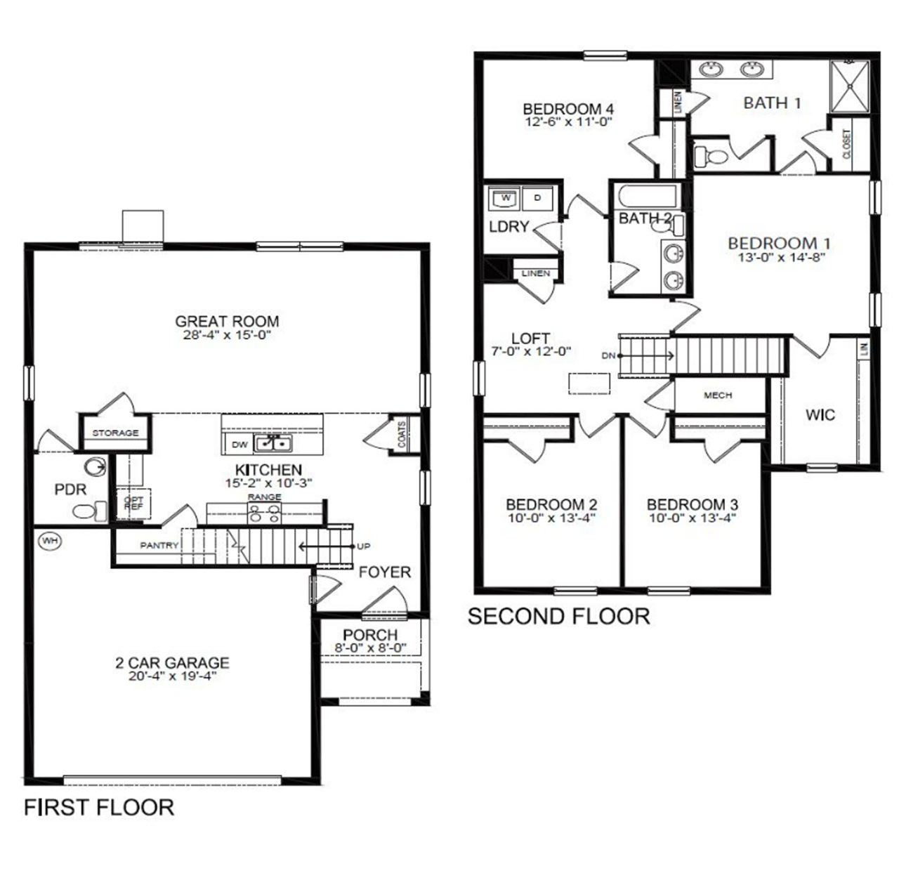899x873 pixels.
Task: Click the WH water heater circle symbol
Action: point(48,540)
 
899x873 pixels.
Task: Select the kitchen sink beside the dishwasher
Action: point(273,443)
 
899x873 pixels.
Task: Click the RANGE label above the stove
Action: point(264,497)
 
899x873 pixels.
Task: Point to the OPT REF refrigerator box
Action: point(133,504)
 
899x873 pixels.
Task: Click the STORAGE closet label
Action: point(115,433)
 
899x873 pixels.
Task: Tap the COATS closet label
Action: point(402,435)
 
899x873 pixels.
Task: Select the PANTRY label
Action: point(159,545)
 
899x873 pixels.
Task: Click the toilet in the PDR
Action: point(88,511)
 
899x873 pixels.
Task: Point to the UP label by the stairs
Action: point(363,546)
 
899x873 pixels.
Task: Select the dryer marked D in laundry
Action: point(538,198)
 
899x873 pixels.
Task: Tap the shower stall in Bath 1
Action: point(850,86)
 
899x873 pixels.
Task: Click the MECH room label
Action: point(718,395)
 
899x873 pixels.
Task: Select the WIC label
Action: point(820,414)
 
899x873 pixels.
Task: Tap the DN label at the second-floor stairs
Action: point(608,355)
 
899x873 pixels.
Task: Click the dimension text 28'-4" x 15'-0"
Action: point(226,336)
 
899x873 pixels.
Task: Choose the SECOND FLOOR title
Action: point(558,616)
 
